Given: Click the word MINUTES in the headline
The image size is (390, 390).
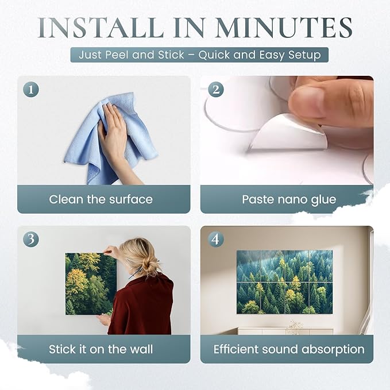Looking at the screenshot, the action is pyautogui.click(x=284, y=28).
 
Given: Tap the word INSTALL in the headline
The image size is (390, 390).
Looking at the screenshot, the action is pyautogui.click(x=101, y=28).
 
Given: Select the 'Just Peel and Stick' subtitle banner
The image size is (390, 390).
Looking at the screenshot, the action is pyautogui.click(x=199, y=55).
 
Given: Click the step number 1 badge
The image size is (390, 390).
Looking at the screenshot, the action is pyautogui.click(x=31, y=90).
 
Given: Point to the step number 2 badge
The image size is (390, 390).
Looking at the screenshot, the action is pyautogui.click(x=215, y=90).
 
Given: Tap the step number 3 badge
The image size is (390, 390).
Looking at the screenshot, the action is pyautogui.click(x=31, y=240).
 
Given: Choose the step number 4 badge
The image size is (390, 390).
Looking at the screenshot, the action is pyautogui.click(x=215, y=240).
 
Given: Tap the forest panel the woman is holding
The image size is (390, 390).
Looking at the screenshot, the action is pyautogui.click(x=90, y=284).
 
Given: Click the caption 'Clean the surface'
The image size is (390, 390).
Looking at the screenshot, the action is pyautogui.click(x=101, y=199).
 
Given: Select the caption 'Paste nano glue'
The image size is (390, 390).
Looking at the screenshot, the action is pyautogui.click(x=289, y=200).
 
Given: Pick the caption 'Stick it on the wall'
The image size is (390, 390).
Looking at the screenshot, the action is pyautogui.click(x=101, y=349).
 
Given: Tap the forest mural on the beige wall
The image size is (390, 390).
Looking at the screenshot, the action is pyautogui.click(x=284, y=282).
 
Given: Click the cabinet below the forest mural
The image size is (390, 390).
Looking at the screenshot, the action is pyautogui.click(x=285, y=331).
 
